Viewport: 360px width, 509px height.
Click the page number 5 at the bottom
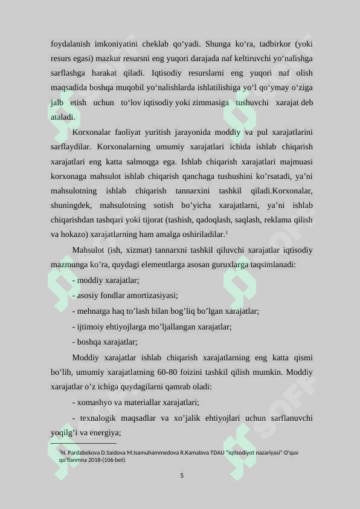pos(182,475)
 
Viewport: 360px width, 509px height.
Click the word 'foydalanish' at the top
pos(69,44)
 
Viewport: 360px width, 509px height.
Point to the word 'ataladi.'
pos(63,117)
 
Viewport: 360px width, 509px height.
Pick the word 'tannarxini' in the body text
pos(196,190)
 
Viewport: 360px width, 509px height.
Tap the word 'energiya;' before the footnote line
pos(104,432)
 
